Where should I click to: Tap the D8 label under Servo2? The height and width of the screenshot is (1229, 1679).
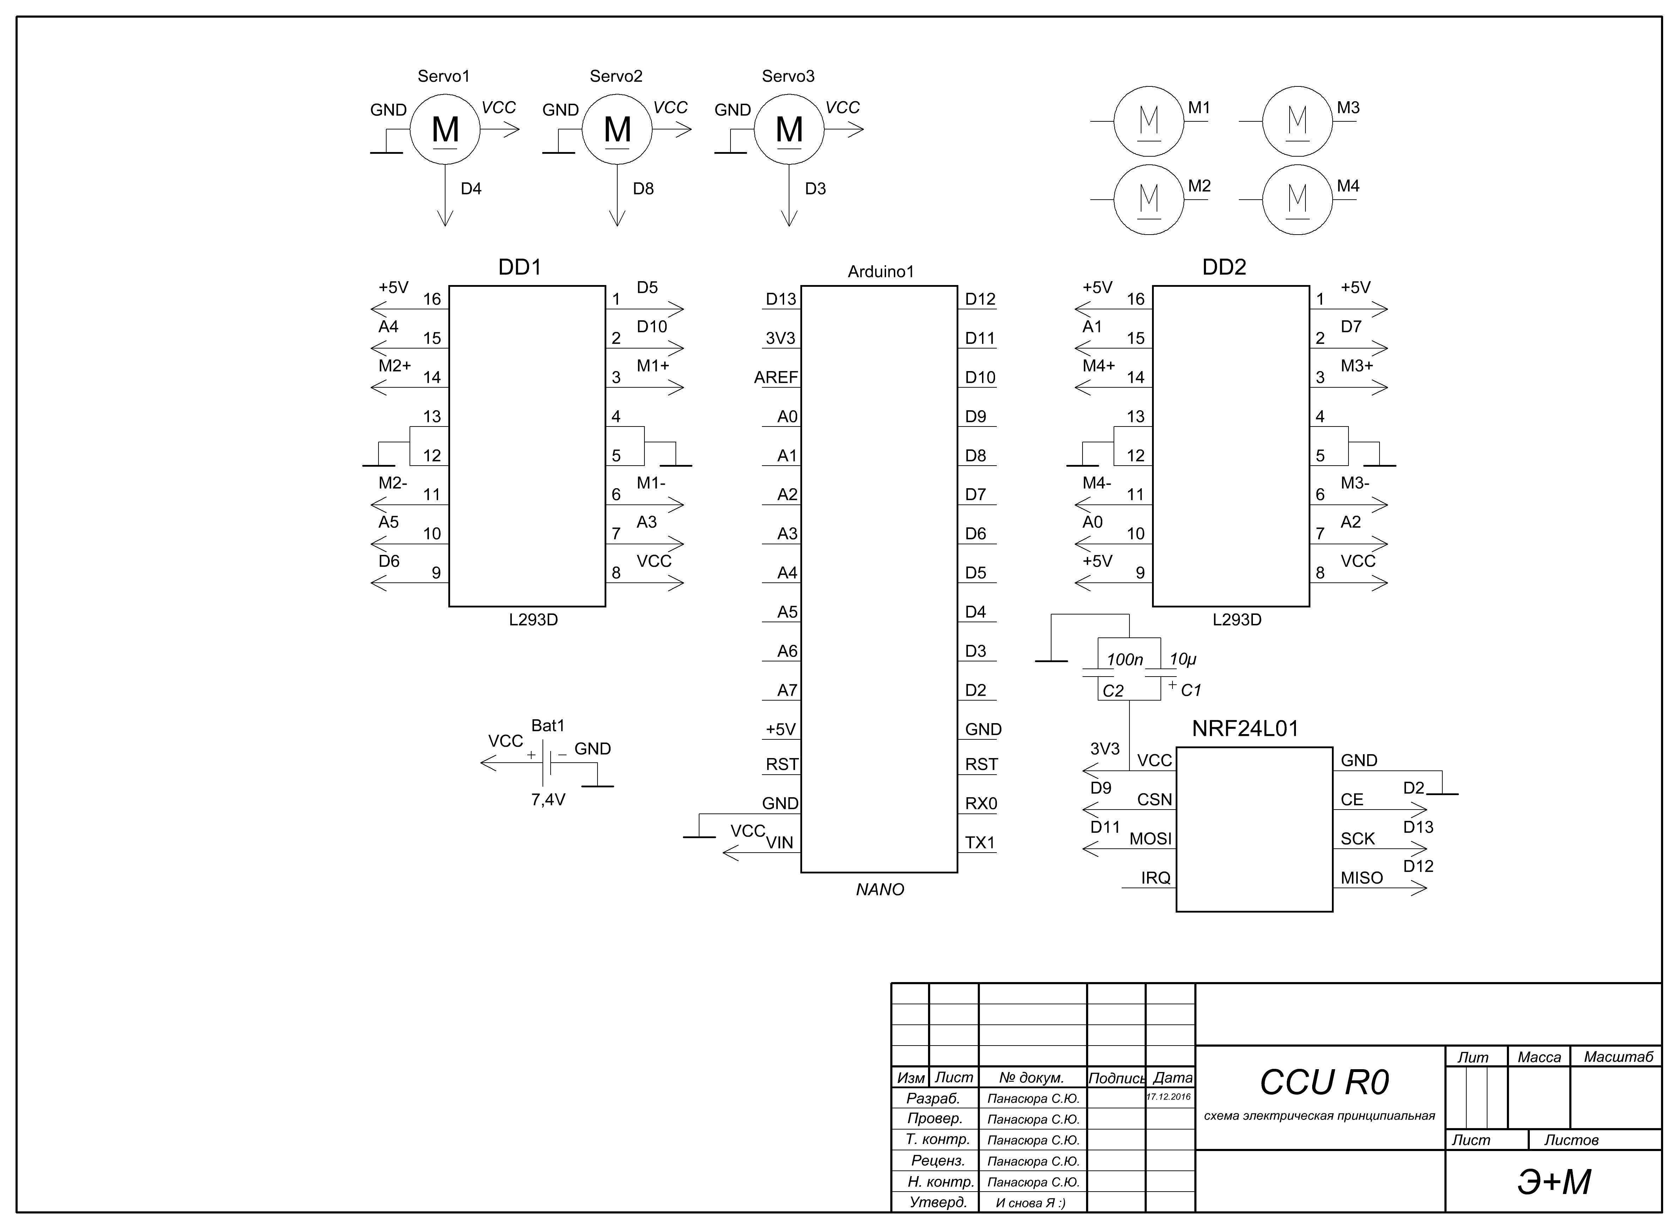643,189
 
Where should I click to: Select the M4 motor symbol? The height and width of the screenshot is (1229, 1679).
1297,199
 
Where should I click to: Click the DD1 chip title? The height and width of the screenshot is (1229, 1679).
519,267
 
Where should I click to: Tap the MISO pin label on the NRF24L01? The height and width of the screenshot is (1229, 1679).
1361,878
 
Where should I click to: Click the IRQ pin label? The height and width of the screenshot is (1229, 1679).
1155,878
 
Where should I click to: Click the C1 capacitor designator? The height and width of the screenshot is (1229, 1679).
1191,690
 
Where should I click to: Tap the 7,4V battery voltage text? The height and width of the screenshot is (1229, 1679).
548,800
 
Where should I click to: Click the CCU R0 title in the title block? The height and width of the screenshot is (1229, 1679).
1324,1083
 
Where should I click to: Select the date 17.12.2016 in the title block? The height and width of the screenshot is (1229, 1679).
1169,1097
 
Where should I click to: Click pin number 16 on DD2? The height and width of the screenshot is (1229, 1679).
1135,299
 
